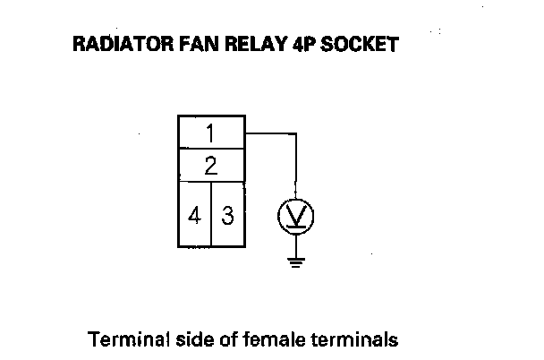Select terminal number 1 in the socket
point(211,134)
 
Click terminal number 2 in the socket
point(211,166)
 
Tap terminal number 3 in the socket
point(227,215)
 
